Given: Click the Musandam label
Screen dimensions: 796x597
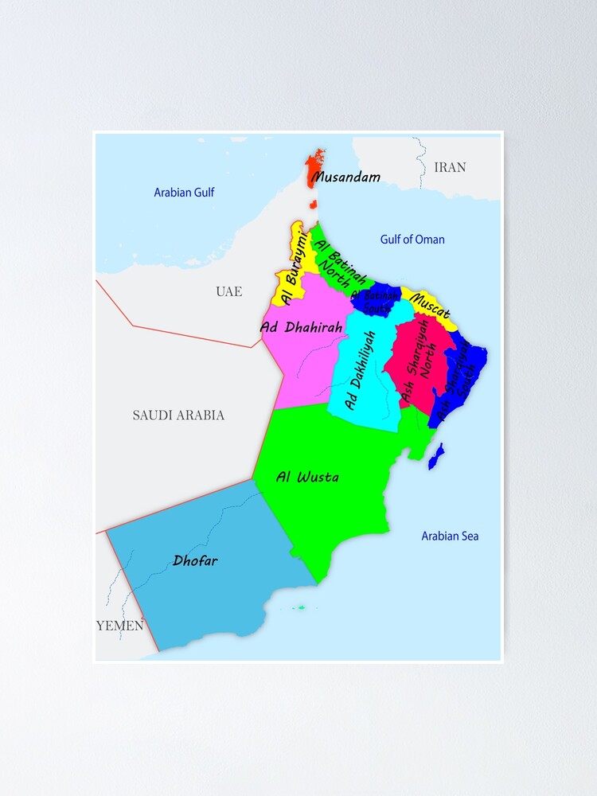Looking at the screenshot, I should tap(345, 177).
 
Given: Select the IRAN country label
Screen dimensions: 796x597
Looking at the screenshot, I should tap(450, 167).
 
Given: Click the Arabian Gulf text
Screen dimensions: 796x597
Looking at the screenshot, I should tap(184, 192).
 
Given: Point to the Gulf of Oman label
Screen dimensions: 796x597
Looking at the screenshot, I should tap(412, 239).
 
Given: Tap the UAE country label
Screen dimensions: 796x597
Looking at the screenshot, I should tap(228, 291).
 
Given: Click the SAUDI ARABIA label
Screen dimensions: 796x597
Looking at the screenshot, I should tap(178, 415).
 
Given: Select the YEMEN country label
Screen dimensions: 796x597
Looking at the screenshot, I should tap(120, 625).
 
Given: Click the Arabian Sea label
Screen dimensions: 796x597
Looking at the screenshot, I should tap(450, 536).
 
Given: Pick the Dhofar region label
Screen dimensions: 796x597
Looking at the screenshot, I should tap(195, 560).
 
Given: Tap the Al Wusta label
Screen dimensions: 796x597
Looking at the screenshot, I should tap(307, 478).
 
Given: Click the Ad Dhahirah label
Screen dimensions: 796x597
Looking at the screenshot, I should tap(301, 326).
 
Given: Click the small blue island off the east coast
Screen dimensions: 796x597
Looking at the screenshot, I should tap(435, 456).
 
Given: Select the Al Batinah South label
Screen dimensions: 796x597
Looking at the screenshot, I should tap(375, 301).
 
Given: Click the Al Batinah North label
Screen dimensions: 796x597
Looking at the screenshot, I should tap(341, 261).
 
